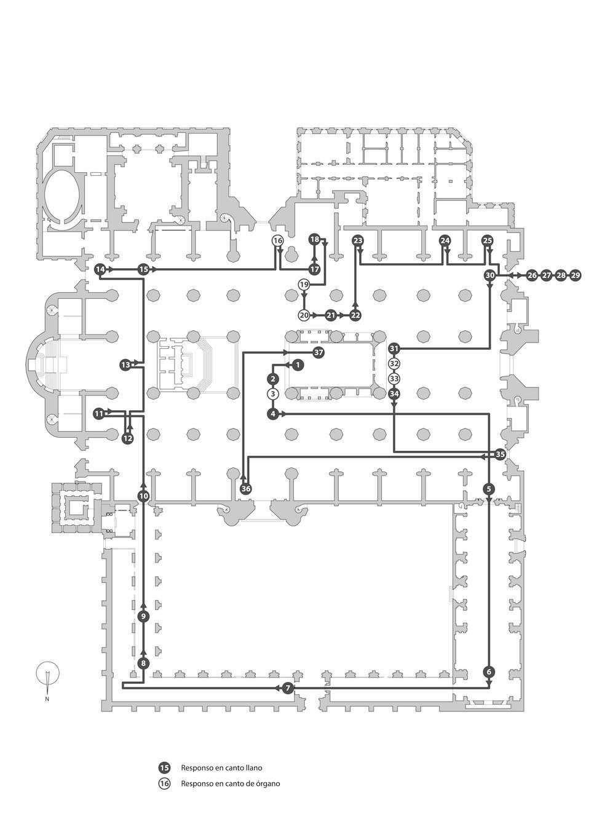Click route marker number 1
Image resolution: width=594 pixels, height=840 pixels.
[298, 365]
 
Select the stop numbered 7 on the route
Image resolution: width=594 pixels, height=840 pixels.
[288, 688]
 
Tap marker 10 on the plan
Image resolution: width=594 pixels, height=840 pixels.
[143, 495]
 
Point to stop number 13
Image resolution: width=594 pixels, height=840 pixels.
[125, 365]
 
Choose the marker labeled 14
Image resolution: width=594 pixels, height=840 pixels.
[100, 269]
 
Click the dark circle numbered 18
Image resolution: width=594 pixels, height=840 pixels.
[314, 239]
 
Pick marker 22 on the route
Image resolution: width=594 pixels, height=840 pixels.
[355, 315]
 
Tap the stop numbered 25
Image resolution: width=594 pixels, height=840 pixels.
[488, 240]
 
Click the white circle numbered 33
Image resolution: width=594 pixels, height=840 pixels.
[394, 379]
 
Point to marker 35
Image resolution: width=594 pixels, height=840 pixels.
[500, 455]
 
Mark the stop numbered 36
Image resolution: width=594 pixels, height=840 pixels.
[245, 489]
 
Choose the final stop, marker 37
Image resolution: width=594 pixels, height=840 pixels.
[318, 352]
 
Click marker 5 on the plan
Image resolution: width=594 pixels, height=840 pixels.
[489, 489]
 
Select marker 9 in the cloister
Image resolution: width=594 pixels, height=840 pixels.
[143, 616]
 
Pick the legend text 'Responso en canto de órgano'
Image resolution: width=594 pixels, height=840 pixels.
[230, 783]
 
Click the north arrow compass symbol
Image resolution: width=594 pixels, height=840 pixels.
[47, 674]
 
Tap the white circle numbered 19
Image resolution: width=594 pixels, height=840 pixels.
[303, 285]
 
